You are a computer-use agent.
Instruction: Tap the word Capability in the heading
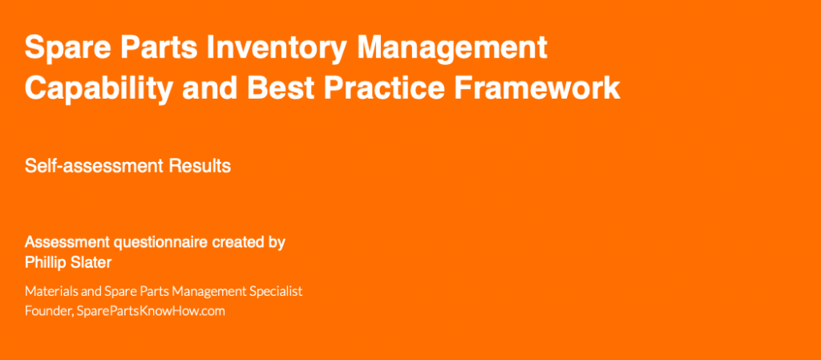99,88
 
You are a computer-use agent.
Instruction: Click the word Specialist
278,292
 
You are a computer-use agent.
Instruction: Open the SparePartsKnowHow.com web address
151,311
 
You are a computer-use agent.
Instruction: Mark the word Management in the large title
452,48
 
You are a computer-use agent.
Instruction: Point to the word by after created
277,244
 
